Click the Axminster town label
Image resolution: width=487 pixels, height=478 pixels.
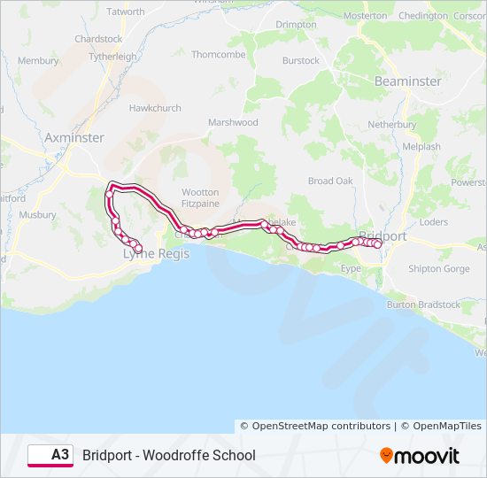[74, 138]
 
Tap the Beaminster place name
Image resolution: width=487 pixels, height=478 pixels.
[407, 81]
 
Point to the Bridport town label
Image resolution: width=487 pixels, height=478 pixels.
[383, 236]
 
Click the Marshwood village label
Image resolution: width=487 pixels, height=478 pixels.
[233, 122]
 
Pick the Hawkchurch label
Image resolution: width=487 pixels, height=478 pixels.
[155, 108]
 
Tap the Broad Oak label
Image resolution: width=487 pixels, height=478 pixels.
[330, 181]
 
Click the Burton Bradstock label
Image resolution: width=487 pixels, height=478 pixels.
[423, 305]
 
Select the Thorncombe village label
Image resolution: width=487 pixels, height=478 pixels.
[219, 54]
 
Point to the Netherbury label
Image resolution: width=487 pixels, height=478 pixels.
[392, 125]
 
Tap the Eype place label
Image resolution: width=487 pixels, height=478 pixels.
[351, 266]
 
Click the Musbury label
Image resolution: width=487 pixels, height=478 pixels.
[37, 214]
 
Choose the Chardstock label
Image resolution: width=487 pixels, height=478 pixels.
[98, 39]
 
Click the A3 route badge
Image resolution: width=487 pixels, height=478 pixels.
[50, 455]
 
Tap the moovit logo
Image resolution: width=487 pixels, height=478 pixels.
[420, 456]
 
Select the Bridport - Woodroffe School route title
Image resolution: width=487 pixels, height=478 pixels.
[169, 455]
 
